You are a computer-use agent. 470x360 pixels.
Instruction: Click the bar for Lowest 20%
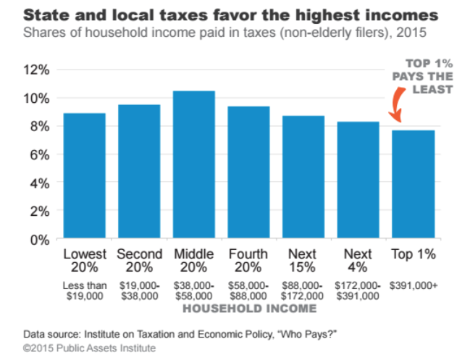(x=84, y=177)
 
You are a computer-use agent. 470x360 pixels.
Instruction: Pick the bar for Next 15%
(x=303, y=177)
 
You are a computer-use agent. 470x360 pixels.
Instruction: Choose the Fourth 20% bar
(x=248, y=173)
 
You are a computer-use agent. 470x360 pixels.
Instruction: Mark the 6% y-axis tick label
(x=40, y=155)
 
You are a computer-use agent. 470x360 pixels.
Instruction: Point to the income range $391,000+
(x=414, y=286)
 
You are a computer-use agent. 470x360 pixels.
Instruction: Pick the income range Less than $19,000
(x=85, y=291)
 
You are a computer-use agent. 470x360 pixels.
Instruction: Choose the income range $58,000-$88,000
(x=248, y=291)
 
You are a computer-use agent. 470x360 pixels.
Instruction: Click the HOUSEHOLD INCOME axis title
(x=249, y=309)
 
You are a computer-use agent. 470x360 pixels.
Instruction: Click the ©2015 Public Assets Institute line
(x=88, y=348)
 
